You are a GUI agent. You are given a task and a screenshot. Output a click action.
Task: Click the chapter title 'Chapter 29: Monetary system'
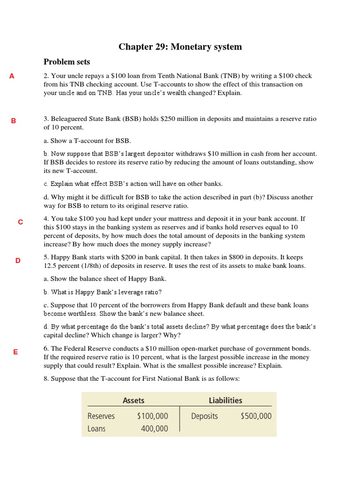click(x=180, y=47)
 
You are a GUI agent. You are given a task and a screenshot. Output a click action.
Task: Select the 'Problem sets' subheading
click(x=67, y=62)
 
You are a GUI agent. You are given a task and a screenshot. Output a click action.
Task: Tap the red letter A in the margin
click(x=12, y=76)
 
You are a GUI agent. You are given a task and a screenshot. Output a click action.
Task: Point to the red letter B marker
click(x=14, y=120)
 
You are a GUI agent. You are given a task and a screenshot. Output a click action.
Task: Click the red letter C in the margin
click(x=20, y=222)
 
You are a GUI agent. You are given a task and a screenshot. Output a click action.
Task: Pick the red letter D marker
click(x=18, y=260)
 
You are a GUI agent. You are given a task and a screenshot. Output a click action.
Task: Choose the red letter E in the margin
click(x=16, y=352)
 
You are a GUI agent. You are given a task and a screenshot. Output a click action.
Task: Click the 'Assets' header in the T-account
click(x=133, y=401)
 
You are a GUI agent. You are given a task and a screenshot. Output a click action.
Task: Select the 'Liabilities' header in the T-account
click(x=226, y=401)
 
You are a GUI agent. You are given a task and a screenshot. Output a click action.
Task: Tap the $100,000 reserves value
click(x=152, y=416)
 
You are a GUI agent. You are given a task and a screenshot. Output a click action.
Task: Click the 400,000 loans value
click(x=154, y=428)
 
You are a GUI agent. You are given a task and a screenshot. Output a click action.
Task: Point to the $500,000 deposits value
click(x=256, y=416)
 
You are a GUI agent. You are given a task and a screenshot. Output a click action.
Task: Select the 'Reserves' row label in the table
click(x=101, y=416)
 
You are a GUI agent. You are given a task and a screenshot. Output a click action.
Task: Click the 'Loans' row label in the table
click(x=96, y=428)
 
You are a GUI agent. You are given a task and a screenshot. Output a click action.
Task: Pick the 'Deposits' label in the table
click(x=204, y=416)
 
